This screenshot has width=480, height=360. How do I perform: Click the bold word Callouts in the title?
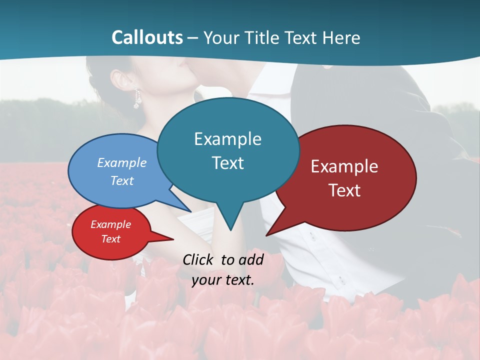pyautogui.click(x=147, y=37)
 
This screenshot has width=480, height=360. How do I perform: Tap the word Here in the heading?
pyautogui.click(x=342, y=37)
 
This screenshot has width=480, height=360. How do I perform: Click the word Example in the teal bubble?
pyautogui.click(x=227, y=139)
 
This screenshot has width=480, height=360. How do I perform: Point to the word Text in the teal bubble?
pyautogui.click(x=227, y=163)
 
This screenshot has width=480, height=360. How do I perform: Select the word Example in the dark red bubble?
pyautogui.click(x=344, y=166)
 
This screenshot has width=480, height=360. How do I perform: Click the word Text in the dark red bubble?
pyautogui.click(x=344, y=190)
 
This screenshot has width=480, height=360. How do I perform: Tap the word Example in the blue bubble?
pyautogui.click(x=121, y=162)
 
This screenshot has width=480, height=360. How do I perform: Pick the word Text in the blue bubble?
pyautogui.click(x=121, y=180)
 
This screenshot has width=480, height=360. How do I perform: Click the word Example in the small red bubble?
pyautogui.click(x=110, y=224)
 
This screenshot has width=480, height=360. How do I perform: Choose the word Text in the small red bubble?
pyautogui.click(x=110, y=239)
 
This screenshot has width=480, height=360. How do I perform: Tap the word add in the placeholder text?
pyautogui.click(x=251, y=259)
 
